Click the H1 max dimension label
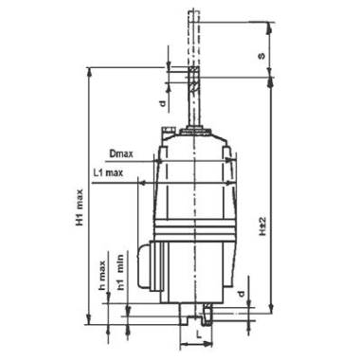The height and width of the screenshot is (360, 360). pyautogui.click(x=80, y=207)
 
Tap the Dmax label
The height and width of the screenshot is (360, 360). pyautogui.click(x=121, y=154)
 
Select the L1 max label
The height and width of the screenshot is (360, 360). pyautogui.click(x=108, y=173)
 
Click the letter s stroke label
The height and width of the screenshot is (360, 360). pyautogui.click(x=261, y=56)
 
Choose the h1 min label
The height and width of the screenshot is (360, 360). pyautogui.click(x=120, y=272)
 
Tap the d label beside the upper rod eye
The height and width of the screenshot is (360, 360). pyautogui.click(x=162, y=103)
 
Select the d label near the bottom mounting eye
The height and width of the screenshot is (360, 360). pyautogui.click(x=242, y=294)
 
